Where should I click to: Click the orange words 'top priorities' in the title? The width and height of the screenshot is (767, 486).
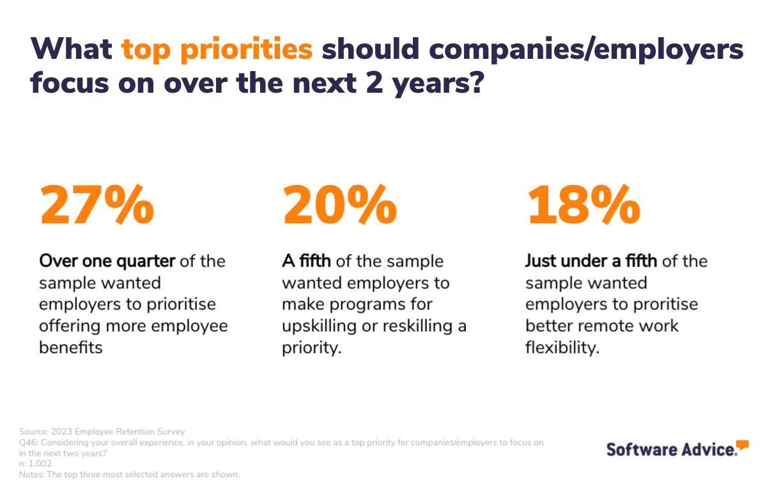(x=217, y=49)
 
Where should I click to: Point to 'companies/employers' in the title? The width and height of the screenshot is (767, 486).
(x=532, y=49)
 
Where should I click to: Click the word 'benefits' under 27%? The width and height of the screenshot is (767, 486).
(x=70, y=348)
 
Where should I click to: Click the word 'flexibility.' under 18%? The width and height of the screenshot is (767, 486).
(x=562, y=348)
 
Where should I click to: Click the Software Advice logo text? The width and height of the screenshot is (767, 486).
(x=671, y=449)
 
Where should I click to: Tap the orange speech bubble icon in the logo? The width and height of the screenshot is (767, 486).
(x=741, y=445)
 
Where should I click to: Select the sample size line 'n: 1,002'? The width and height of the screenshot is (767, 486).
(x=36, y=464)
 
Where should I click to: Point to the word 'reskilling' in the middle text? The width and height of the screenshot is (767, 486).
(x=410, y=326)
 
